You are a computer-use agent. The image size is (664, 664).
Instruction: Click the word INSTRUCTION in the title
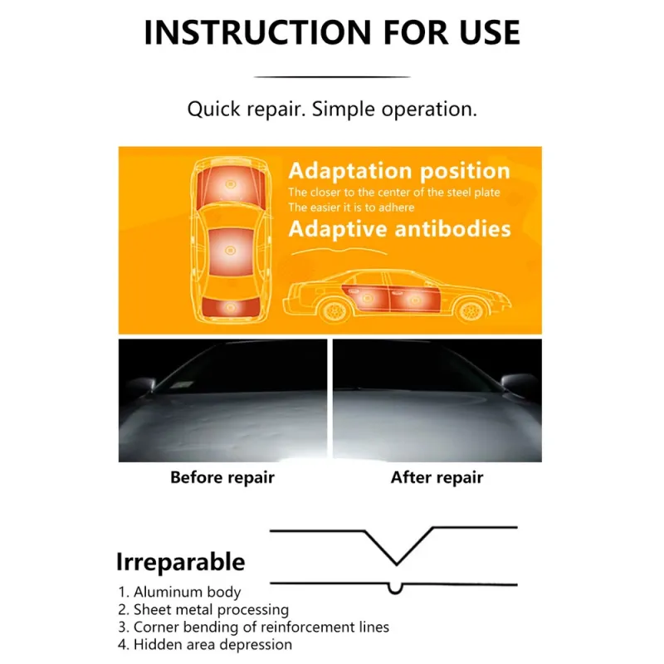pos(258,32)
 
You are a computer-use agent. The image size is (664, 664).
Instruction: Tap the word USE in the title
pos(490,32)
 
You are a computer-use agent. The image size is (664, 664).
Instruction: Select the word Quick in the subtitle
pos(214,110)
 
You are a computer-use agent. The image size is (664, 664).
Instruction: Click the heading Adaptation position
pos(399,171)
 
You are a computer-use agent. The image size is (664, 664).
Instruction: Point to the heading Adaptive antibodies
pos(399,229)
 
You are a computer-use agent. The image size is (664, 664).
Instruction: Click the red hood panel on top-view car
pos(231,186)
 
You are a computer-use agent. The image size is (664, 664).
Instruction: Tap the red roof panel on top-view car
pos(231,252)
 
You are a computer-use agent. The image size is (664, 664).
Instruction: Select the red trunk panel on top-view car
pos(231,306)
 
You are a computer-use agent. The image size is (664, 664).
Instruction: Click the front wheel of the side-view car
pos(471,310)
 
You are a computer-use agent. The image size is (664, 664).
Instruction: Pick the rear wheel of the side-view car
pos(334,310)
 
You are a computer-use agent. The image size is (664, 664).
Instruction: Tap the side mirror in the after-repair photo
pos(517,383)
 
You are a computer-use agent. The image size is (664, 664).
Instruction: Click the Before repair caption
pos(222,477)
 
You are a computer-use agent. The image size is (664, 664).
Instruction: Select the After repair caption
pos(437,477)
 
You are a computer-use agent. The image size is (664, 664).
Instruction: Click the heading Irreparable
pos(180,562)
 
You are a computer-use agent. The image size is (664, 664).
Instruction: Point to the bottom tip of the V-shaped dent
pos(397,564)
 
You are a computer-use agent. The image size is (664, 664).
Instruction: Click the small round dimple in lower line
pos(396,589)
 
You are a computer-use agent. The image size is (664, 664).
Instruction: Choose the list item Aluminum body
pos(179,592)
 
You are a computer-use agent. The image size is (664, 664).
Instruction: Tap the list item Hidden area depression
pos(205,645)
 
